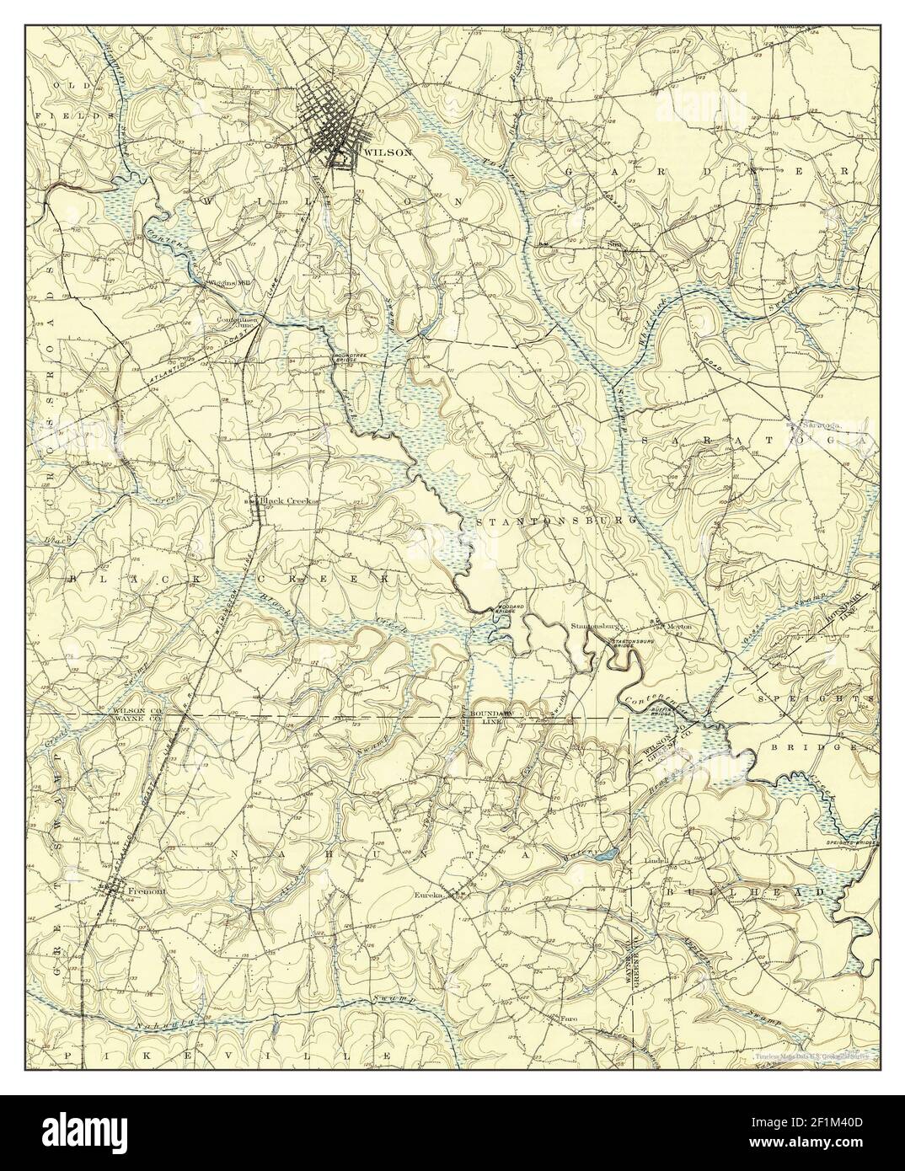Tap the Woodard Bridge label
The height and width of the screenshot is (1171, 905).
[500, 609]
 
